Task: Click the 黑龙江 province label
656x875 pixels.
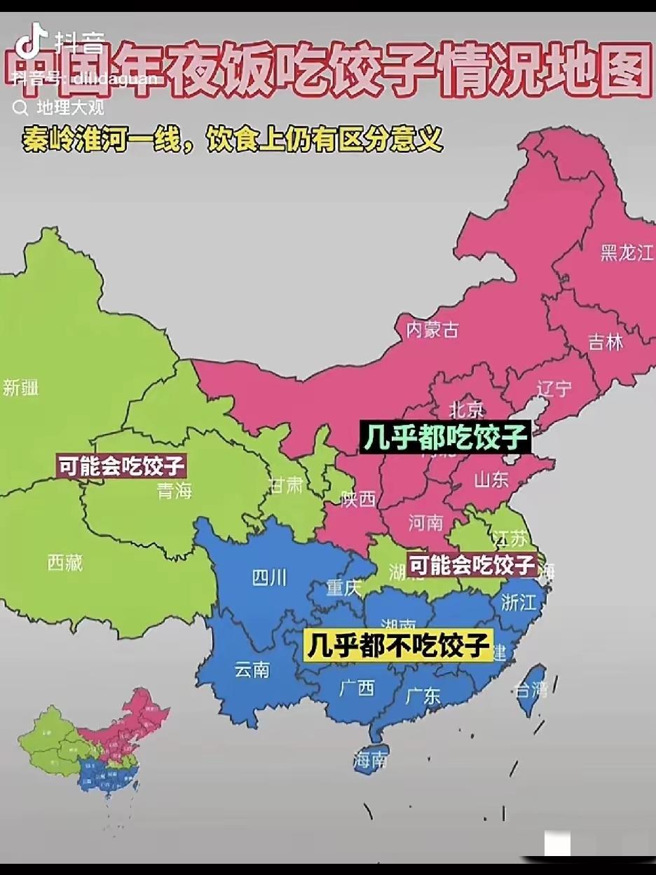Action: [627, 253]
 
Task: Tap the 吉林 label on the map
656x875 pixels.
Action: [606, 342]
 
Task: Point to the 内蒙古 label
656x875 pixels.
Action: [432, 330]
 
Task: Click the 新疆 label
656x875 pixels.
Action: [20, 387]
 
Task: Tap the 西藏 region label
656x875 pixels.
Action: [65, 562]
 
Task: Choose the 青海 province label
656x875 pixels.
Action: [175, 491]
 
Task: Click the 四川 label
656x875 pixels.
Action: [269, 578]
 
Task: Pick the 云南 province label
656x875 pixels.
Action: [252, 670]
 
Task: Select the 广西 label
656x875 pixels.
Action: [357, 688]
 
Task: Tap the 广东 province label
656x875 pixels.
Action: [423, 696]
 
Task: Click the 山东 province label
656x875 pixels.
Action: [491, 480]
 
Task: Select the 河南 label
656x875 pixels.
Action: [425, 522]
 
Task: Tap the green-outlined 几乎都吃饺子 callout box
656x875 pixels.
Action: [444, 437]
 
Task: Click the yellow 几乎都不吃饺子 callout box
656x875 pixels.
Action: [398, 645]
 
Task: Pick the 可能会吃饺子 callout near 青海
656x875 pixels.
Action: [121, 466]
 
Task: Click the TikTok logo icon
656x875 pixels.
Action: [31, 41]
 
